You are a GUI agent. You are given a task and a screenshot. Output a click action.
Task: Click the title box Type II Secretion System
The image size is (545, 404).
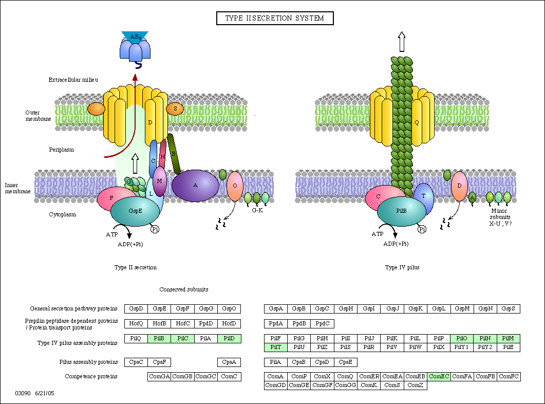coord(275,19)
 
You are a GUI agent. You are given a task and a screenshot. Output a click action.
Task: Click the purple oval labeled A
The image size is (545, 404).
coord(195,186)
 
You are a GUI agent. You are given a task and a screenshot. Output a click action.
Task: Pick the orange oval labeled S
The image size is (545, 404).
coord(175,109)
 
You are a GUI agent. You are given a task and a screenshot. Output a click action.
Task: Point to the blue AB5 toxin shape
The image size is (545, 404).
coord(135,46)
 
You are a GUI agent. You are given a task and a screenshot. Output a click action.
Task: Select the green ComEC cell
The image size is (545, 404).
coord(439,377)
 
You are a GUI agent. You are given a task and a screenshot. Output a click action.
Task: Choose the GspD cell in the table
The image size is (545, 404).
coord(136,309)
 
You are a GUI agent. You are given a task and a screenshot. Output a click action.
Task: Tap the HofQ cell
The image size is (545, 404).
coord(136,324)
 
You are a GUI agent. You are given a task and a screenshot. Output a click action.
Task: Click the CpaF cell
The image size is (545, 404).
coord(159,362)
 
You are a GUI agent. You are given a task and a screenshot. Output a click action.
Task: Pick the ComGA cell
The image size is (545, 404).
coord(159,377)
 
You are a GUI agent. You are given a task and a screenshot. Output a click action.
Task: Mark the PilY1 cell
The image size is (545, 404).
coord(462,347)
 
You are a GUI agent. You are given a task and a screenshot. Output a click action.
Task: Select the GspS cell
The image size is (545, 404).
coord(509,309)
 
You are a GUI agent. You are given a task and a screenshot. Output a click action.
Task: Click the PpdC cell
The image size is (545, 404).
coord(322,324)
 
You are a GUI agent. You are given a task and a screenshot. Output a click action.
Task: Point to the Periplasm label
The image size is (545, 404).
coord(62,150)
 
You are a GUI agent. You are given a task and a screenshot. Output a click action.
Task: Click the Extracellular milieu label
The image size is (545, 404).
coord(73,80)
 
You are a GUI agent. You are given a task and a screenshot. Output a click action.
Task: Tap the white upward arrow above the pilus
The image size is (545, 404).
coord(402,42)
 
